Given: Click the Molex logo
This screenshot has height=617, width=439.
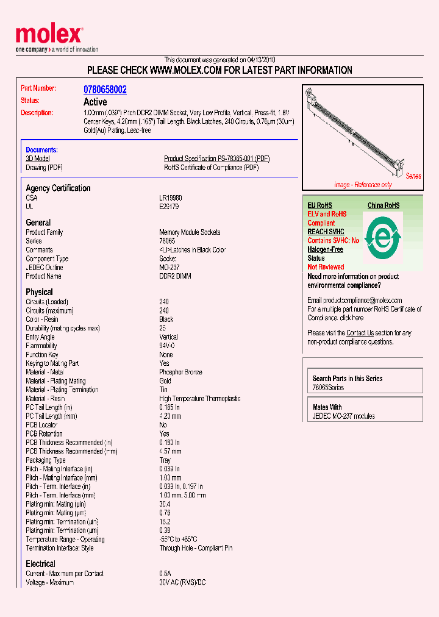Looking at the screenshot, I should click(49, 36).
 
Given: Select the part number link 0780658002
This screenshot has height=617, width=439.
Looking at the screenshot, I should click(105, 89).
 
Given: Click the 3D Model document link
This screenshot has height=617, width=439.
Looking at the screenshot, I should click(37, 159).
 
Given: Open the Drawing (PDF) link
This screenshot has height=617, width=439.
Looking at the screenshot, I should click(44, 167).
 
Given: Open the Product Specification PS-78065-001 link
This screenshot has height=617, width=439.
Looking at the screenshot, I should click(216, 159).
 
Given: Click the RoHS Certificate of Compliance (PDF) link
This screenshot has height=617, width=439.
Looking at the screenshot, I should click(211, 167).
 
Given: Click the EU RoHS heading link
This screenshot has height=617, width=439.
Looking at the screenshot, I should click(319, 205).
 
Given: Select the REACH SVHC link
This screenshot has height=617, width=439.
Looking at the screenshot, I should click(326, 232).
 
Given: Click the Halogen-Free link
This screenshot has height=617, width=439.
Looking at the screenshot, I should click(325, 249).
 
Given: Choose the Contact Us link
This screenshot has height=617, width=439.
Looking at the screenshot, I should click(360, 333).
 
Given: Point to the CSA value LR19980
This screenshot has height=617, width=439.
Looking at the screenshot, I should click(171, 198).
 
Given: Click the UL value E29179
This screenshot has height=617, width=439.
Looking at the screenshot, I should click(170, 207).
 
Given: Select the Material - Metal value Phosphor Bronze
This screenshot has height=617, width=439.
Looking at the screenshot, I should click(180, 372).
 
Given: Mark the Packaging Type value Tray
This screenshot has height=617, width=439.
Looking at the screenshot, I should click(165, 460).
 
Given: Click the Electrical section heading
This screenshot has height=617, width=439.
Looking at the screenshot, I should click(40, 564).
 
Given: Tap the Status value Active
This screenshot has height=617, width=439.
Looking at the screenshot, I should click(95, 102).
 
